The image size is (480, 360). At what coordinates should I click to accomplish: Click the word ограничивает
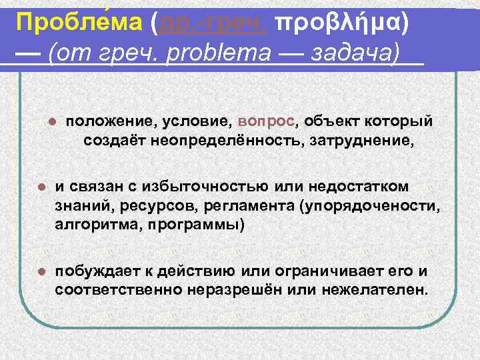click(x=345, y=271)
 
